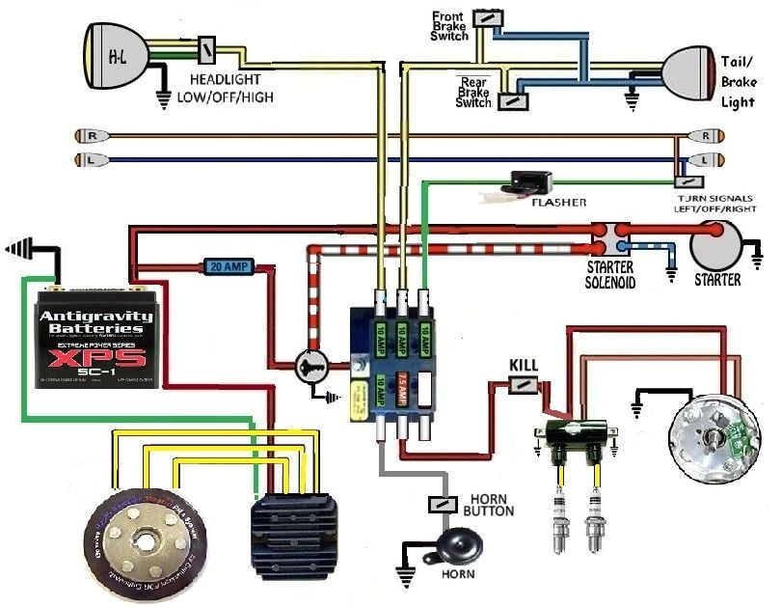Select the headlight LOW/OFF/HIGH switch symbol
point(207,49)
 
